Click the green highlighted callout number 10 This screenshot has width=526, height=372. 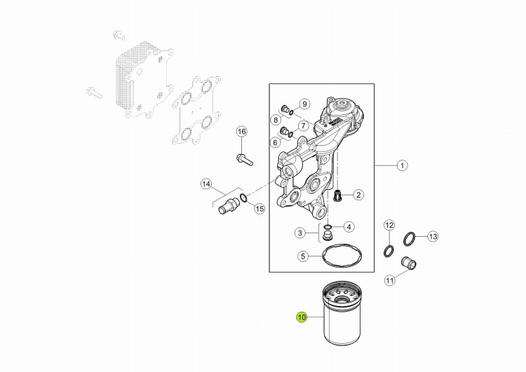pos(302,317)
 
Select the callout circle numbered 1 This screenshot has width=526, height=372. pos(402,165)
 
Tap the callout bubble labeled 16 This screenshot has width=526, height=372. pos(241,132)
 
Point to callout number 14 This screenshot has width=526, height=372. pos(206,184)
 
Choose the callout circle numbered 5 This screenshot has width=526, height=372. pos(303,256)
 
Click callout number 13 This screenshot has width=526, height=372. pos(433,237)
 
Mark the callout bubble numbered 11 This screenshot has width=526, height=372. pos(389,280)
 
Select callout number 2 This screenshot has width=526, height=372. pos(358,195)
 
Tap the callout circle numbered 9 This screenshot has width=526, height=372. pos(304,104)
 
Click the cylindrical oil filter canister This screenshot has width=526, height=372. pos(341,314)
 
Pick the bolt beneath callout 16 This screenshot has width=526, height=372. pos(245,160)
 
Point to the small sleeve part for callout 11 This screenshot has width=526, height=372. pos(409,263)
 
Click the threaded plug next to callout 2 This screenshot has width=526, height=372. pos(337,195)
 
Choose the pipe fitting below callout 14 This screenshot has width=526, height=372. pos(228,205)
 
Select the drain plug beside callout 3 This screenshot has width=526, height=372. pos(327,236)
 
